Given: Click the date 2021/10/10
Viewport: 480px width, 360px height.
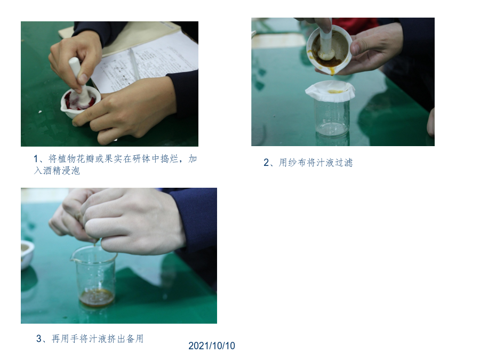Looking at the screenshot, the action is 212,346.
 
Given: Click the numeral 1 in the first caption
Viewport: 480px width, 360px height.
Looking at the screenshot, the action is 36,159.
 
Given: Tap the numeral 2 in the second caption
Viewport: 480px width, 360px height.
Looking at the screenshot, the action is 266,162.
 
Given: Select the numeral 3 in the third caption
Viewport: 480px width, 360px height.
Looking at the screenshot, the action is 39,339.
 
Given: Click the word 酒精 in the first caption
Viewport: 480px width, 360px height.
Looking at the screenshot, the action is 52,171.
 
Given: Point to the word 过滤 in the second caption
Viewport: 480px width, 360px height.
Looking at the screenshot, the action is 344,162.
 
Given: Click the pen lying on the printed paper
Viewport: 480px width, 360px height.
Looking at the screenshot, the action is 134,62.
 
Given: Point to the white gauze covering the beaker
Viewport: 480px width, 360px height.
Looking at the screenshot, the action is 330,91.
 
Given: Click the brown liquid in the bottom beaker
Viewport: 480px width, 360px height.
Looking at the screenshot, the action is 97,297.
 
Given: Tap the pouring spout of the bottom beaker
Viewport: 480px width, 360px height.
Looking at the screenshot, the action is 73,259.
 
